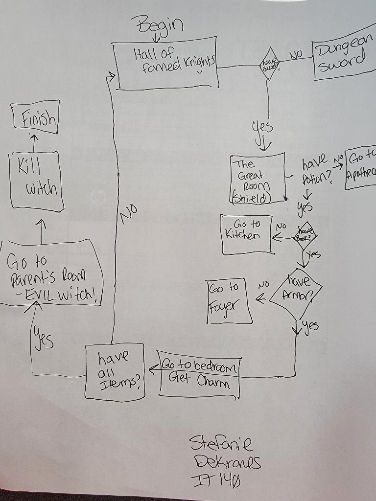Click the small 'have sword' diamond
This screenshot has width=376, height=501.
(268, 64)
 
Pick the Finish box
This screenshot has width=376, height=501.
(36, 117)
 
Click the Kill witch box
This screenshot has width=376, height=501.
(36, 182)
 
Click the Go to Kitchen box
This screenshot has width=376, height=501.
(247, 234)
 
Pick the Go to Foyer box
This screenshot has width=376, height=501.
(229, 301)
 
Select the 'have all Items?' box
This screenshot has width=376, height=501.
(115, 371)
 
